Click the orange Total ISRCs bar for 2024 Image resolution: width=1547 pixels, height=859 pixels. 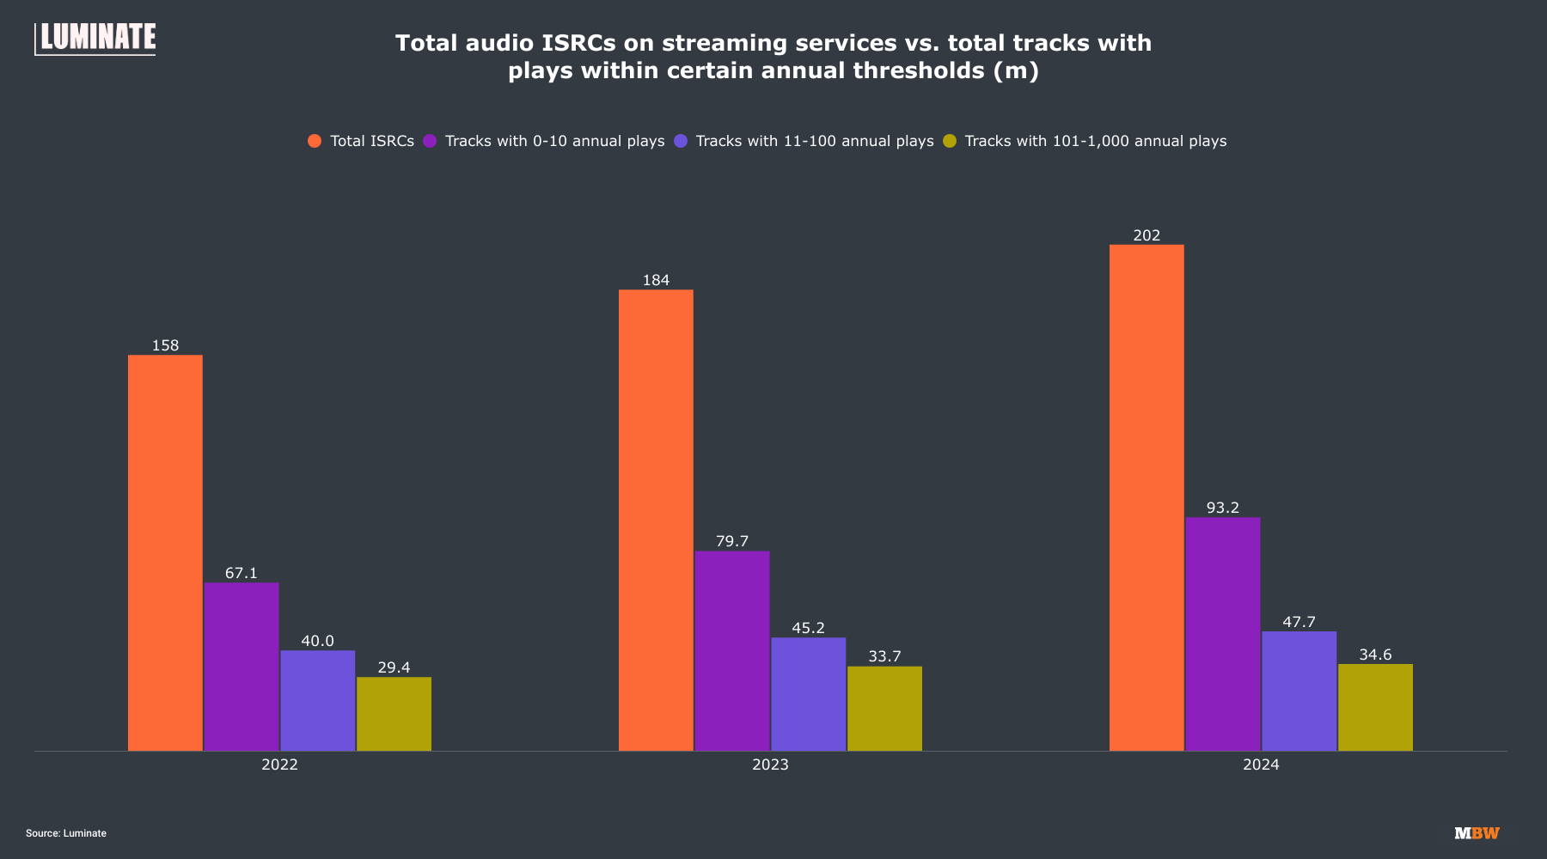(x=1146, y=497)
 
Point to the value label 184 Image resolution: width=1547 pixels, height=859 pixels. (x=656, y=280)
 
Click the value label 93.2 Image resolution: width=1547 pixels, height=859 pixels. (x=1223, y=508)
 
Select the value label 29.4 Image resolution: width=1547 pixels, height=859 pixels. (x=394, y=667)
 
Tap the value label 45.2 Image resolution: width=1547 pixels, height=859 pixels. (x=808, y=628)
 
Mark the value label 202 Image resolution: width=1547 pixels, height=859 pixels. (x=1146, y=235)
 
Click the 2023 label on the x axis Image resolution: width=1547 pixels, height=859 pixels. (x=770, y=765)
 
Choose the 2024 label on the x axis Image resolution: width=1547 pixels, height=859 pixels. (x=1261, y=765)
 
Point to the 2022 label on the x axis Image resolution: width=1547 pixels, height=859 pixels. (x=279, y=765)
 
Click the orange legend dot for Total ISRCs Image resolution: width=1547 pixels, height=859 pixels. (x=315, y=141)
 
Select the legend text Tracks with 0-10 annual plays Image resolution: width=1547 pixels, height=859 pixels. (x=554, y=141)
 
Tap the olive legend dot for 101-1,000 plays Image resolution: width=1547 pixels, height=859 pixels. (x=950, y=141)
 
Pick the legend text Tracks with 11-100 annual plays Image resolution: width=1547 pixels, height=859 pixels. (x=814, y=141)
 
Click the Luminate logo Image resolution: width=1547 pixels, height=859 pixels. (x=95, y=39)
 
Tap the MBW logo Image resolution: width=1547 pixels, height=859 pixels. (x=1477, y=833)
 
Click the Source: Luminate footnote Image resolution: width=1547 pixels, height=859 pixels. (x=66, y=833)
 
